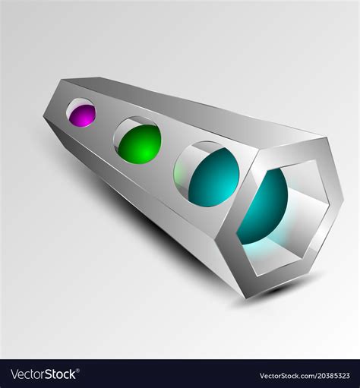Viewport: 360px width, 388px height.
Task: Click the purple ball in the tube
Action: point(82,115)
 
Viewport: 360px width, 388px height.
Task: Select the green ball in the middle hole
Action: point(138,144)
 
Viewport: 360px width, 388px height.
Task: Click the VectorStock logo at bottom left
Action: point(43,374)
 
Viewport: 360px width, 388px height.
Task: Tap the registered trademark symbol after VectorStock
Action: point(81,371)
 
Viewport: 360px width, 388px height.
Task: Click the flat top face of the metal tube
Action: point(190,110)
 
